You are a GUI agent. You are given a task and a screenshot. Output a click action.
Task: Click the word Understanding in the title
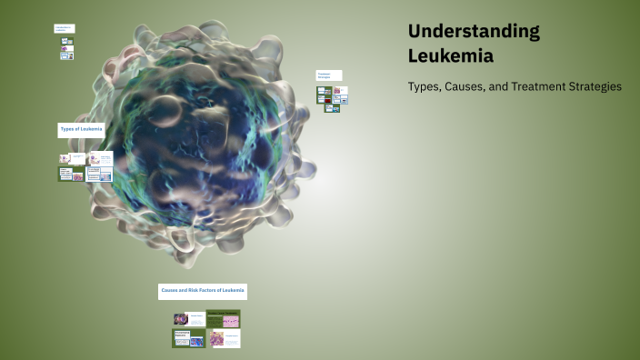(x=474, y=31)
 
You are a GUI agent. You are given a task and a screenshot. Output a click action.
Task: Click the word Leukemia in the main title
(x=451, y=55)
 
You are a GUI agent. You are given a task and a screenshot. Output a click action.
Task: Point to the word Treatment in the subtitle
(x=544, y=87)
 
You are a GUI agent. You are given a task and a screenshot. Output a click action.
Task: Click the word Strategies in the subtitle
(x=596, y=87)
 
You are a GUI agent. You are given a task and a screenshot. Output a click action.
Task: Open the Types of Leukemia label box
(x=81, y=130)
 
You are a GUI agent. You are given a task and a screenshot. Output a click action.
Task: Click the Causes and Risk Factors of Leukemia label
(x=203, y=291)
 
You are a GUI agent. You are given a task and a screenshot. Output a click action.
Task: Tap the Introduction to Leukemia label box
(x=64, y=29)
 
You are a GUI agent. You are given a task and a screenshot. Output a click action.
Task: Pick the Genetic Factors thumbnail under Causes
(x=189, y=319)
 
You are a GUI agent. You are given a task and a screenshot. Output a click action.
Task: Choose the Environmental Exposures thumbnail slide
(x=189, y=338)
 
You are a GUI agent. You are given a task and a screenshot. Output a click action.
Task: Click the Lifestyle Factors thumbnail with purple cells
(x=224, y=338)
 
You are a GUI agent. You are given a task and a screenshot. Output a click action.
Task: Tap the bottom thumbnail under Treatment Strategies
(x=333, y=108)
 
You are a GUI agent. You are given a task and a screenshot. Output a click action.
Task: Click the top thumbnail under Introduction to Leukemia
(x=66, y=41)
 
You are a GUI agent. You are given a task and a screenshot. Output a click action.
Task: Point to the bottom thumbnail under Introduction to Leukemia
(x=66, y=55)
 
